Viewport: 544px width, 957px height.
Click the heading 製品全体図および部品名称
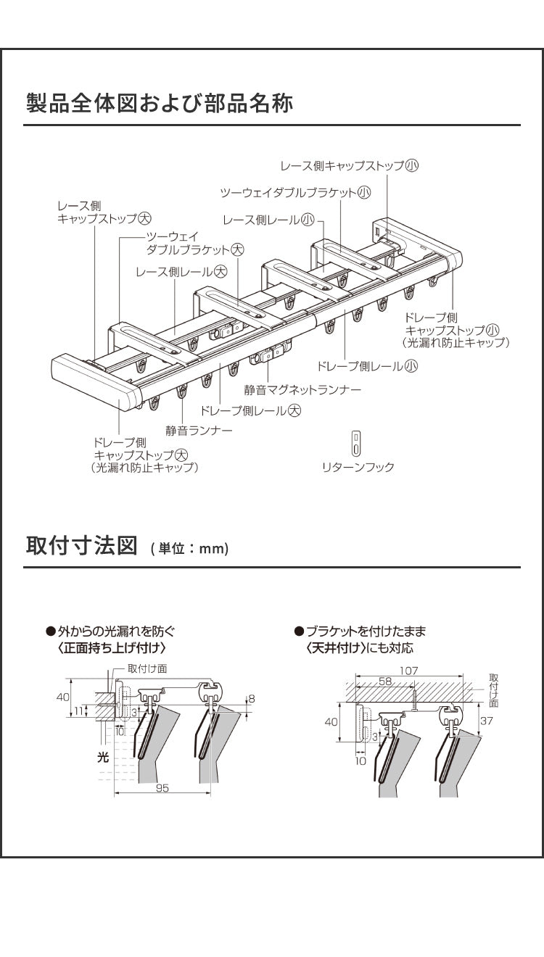[x=160, y=104]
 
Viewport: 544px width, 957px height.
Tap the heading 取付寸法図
[x=82, y=545]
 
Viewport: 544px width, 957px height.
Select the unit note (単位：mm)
[x=190, y=549]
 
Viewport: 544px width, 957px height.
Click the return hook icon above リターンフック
[x=355, y=443]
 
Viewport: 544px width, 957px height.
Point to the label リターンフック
[x=358, y=468]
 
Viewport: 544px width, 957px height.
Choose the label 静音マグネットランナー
[x=302, y=390]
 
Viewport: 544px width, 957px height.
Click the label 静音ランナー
[x=199, y=431]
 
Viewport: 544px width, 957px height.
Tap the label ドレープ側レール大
[x=250, y=410]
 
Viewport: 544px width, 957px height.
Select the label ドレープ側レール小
[x=367, y=366]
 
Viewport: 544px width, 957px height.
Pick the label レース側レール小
[x=269, y=220]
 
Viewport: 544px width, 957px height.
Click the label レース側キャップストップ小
[x=350, y=165]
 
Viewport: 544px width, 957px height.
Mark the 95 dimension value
[x=162, y=788]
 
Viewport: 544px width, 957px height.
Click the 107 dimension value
[x=408, y=671]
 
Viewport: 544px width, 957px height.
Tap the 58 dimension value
[x=384, y=682]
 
